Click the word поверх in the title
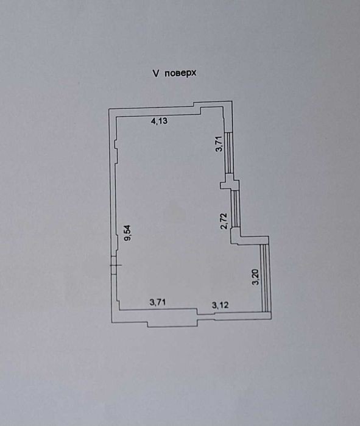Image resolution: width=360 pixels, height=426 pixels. (180, 73)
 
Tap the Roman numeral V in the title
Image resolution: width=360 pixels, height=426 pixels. (156, 73)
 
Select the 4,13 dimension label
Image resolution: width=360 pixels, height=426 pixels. (160, 121)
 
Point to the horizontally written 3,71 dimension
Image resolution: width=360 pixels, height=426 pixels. (158, 302)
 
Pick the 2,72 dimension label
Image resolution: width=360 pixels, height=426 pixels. (224, 221)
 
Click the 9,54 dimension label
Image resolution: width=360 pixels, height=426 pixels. (127, 233)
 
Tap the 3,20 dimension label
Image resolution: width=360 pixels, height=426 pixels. (255, 277)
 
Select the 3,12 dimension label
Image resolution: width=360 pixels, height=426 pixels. (220, 305)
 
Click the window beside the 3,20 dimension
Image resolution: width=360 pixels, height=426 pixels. (265, 278)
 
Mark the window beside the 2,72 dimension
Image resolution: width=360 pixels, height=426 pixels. (235, 208)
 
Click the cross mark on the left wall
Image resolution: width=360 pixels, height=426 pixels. (116, 265)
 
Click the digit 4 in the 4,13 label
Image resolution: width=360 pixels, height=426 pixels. (154, 121)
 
